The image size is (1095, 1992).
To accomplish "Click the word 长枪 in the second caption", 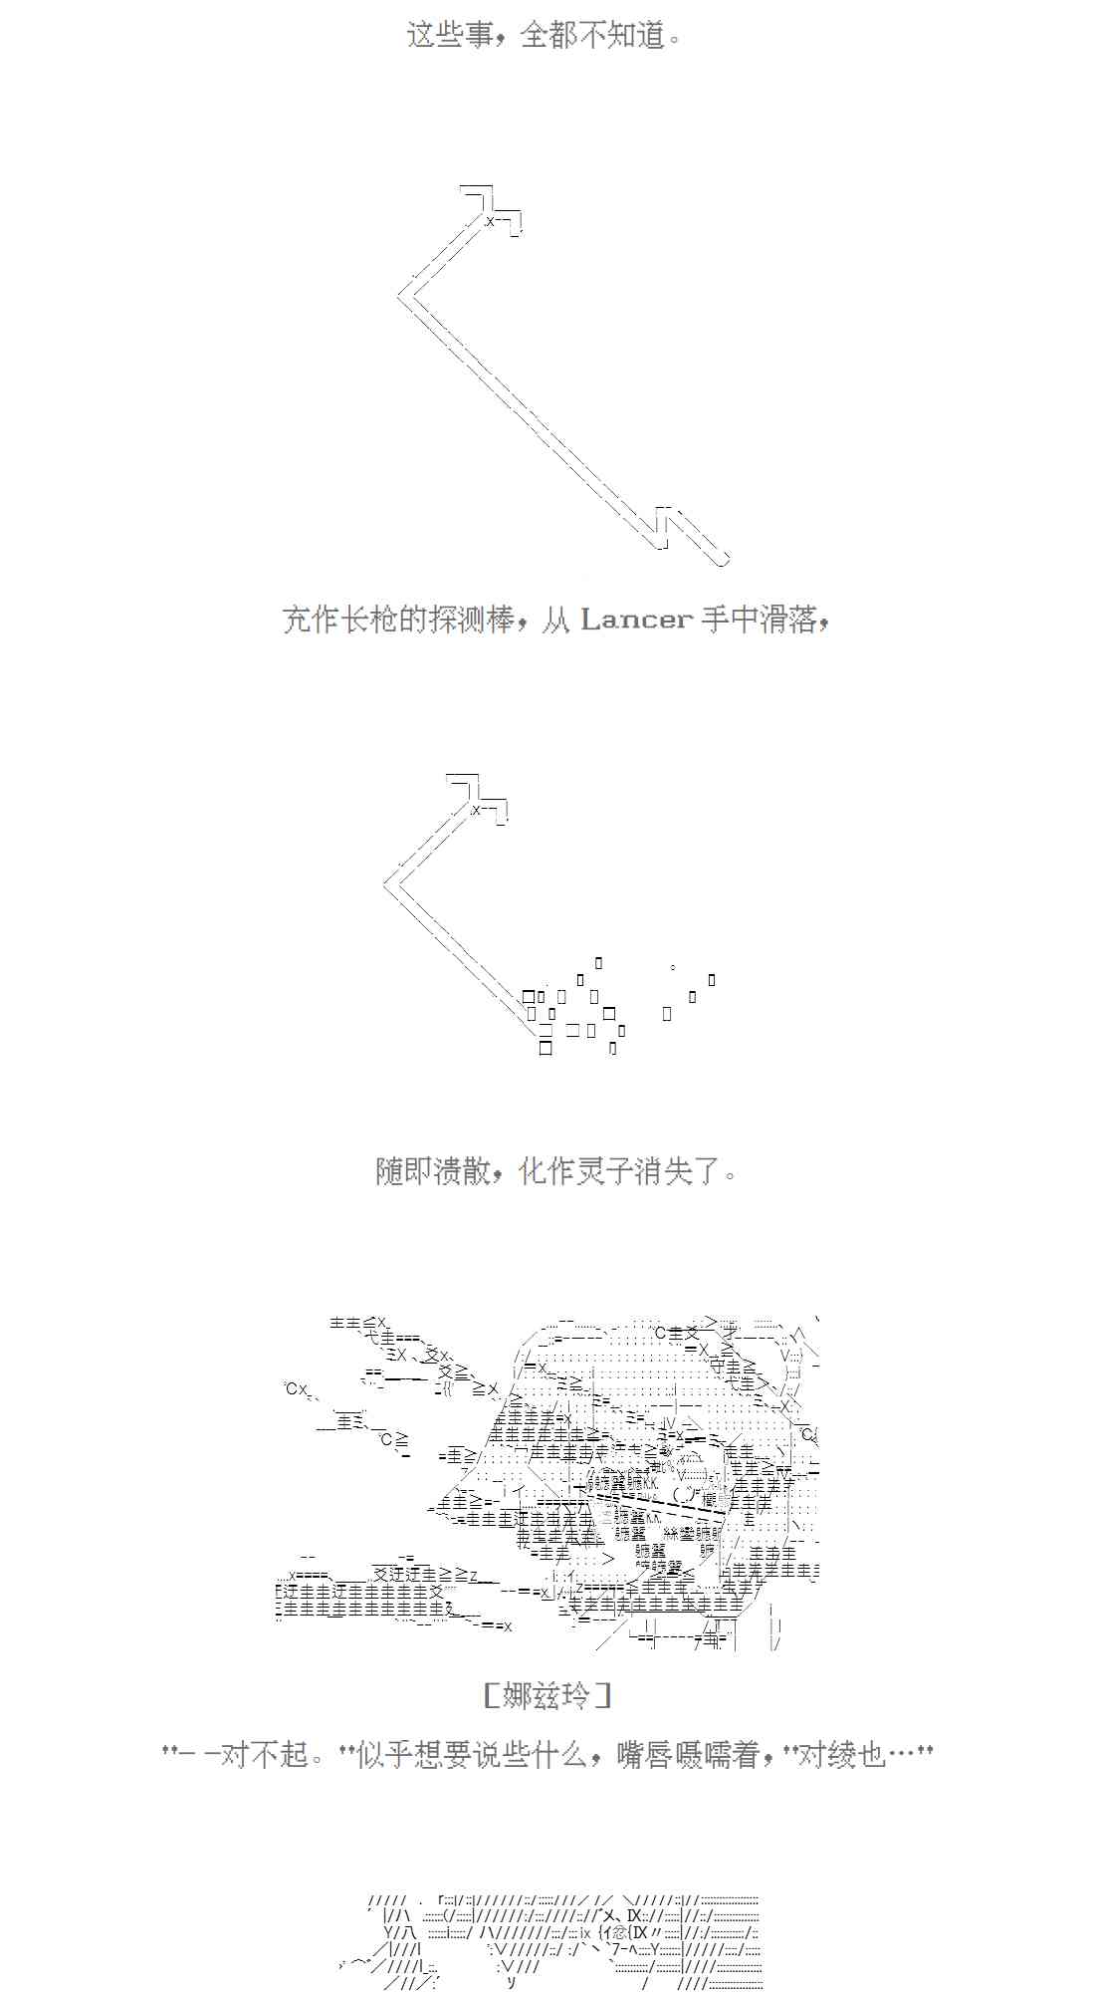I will (368, 620).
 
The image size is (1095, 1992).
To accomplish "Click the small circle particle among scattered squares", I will (674, 967).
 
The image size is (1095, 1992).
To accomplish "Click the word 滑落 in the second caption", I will (787, 620).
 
